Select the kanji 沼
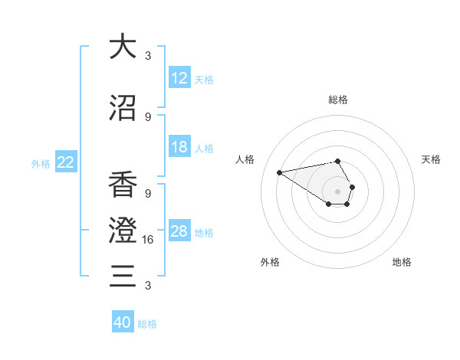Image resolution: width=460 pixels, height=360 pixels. coord(123,108)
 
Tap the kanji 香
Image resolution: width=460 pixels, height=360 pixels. coord(123,184)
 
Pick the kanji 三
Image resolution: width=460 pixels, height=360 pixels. coord(123,275)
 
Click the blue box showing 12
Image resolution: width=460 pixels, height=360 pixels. coord(179,78)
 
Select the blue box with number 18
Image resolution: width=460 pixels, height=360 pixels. coord(179,148)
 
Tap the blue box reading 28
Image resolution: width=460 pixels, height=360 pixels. coord(179,231)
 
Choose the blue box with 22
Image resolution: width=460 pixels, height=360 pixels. coord(66,162)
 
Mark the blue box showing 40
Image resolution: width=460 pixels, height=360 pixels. coord(123,322)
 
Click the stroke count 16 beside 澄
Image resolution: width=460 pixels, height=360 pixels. coord(148,240)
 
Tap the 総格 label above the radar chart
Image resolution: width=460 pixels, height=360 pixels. coord(338,100)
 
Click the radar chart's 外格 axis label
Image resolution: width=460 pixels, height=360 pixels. coord(270,262)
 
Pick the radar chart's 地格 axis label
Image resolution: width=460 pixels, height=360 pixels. coord(402,262)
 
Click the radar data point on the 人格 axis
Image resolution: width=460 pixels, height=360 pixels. coord(280,172)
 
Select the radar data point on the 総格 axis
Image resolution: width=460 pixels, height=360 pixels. coord(338,162)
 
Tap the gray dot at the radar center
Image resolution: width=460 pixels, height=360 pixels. coord(338,191)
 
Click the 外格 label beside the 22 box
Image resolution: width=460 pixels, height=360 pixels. coord(41,163)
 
